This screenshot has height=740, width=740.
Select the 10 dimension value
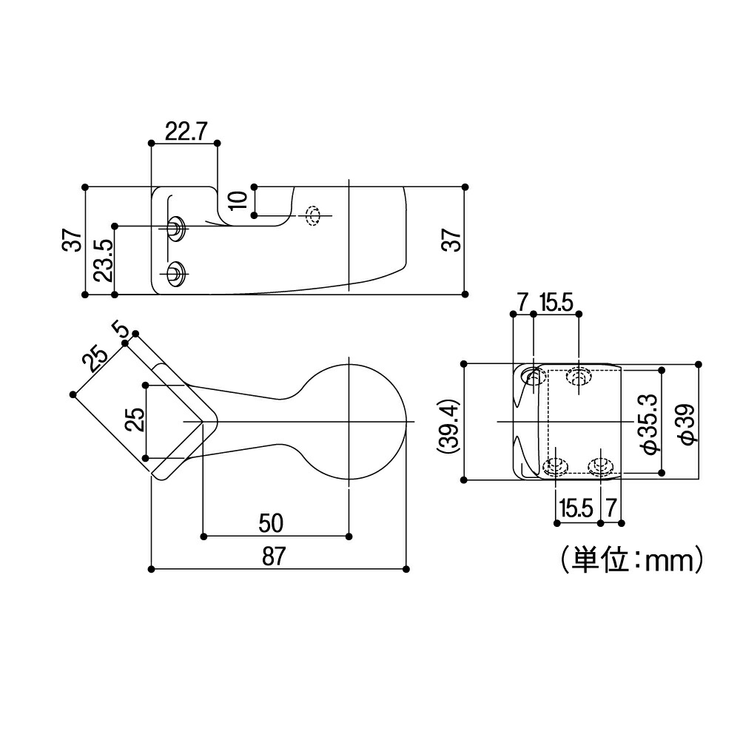click(237, 200)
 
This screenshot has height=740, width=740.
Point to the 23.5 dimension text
click(104, 259)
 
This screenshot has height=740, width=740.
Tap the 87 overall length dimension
click(273, 556)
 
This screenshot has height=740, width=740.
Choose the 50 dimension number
click(271, 522)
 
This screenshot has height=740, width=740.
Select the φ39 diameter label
click(686, 425)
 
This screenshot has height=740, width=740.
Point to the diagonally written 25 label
click(94, 359)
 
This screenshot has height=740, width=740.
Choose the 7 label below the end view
click(610, 508)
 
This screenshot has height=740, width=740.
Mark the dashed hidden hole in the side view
click(313, 215)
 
